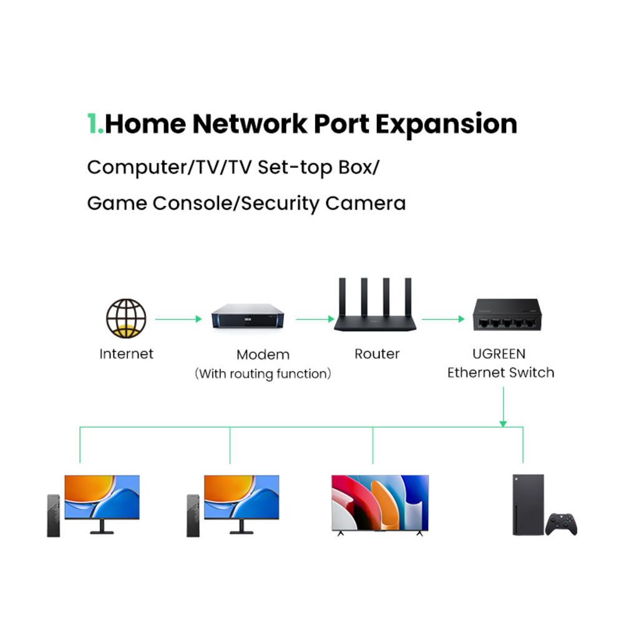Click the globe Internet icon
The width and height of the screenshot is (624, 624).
click(x=126, y=318)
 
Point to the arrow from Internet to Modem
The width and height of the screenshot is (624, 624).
click(x=178, y=319)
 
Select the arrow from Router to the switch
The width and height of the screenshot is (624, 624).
click(x=443, y=319)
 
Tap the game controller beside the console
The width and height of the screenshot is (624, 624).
click(x=561, y=524)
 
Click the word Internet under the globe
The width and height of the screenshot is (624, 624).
click(x=126, y=354)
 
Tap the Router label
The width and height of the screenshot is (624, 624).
click(x=377, y=354)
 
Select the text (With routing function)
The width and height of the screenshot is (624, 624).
click(x=263, y=374)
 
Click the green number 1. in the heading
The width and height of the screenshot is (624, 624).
click(x=95, y=124)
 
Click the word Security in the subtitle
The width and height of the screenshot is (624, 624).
click(x=280, y=203)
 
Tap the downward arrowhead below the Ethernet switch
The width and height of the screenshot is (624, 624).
click(x=503, y=424)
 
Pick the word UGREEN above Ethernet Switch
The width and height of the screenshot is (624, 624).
click(x=499, y=354)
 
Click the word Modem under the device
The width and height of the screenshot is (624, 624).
click(x=263, y=354)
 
